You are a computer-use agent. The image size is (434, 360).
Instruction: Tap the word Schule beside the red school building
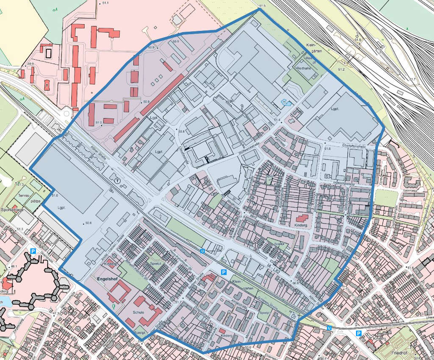coord(139,313)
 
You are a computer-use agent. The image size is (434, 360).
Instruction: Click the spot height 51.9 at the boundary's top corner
coord(261,6)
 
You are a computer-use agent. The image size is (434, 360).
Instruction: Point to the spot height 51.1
coord(105,3)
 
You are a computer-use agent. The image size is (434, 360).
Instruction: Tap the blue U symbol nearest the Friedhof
coord(329,328)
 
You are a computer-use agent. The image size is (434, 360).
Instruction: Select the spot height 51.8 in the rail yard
coord(357,40)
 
